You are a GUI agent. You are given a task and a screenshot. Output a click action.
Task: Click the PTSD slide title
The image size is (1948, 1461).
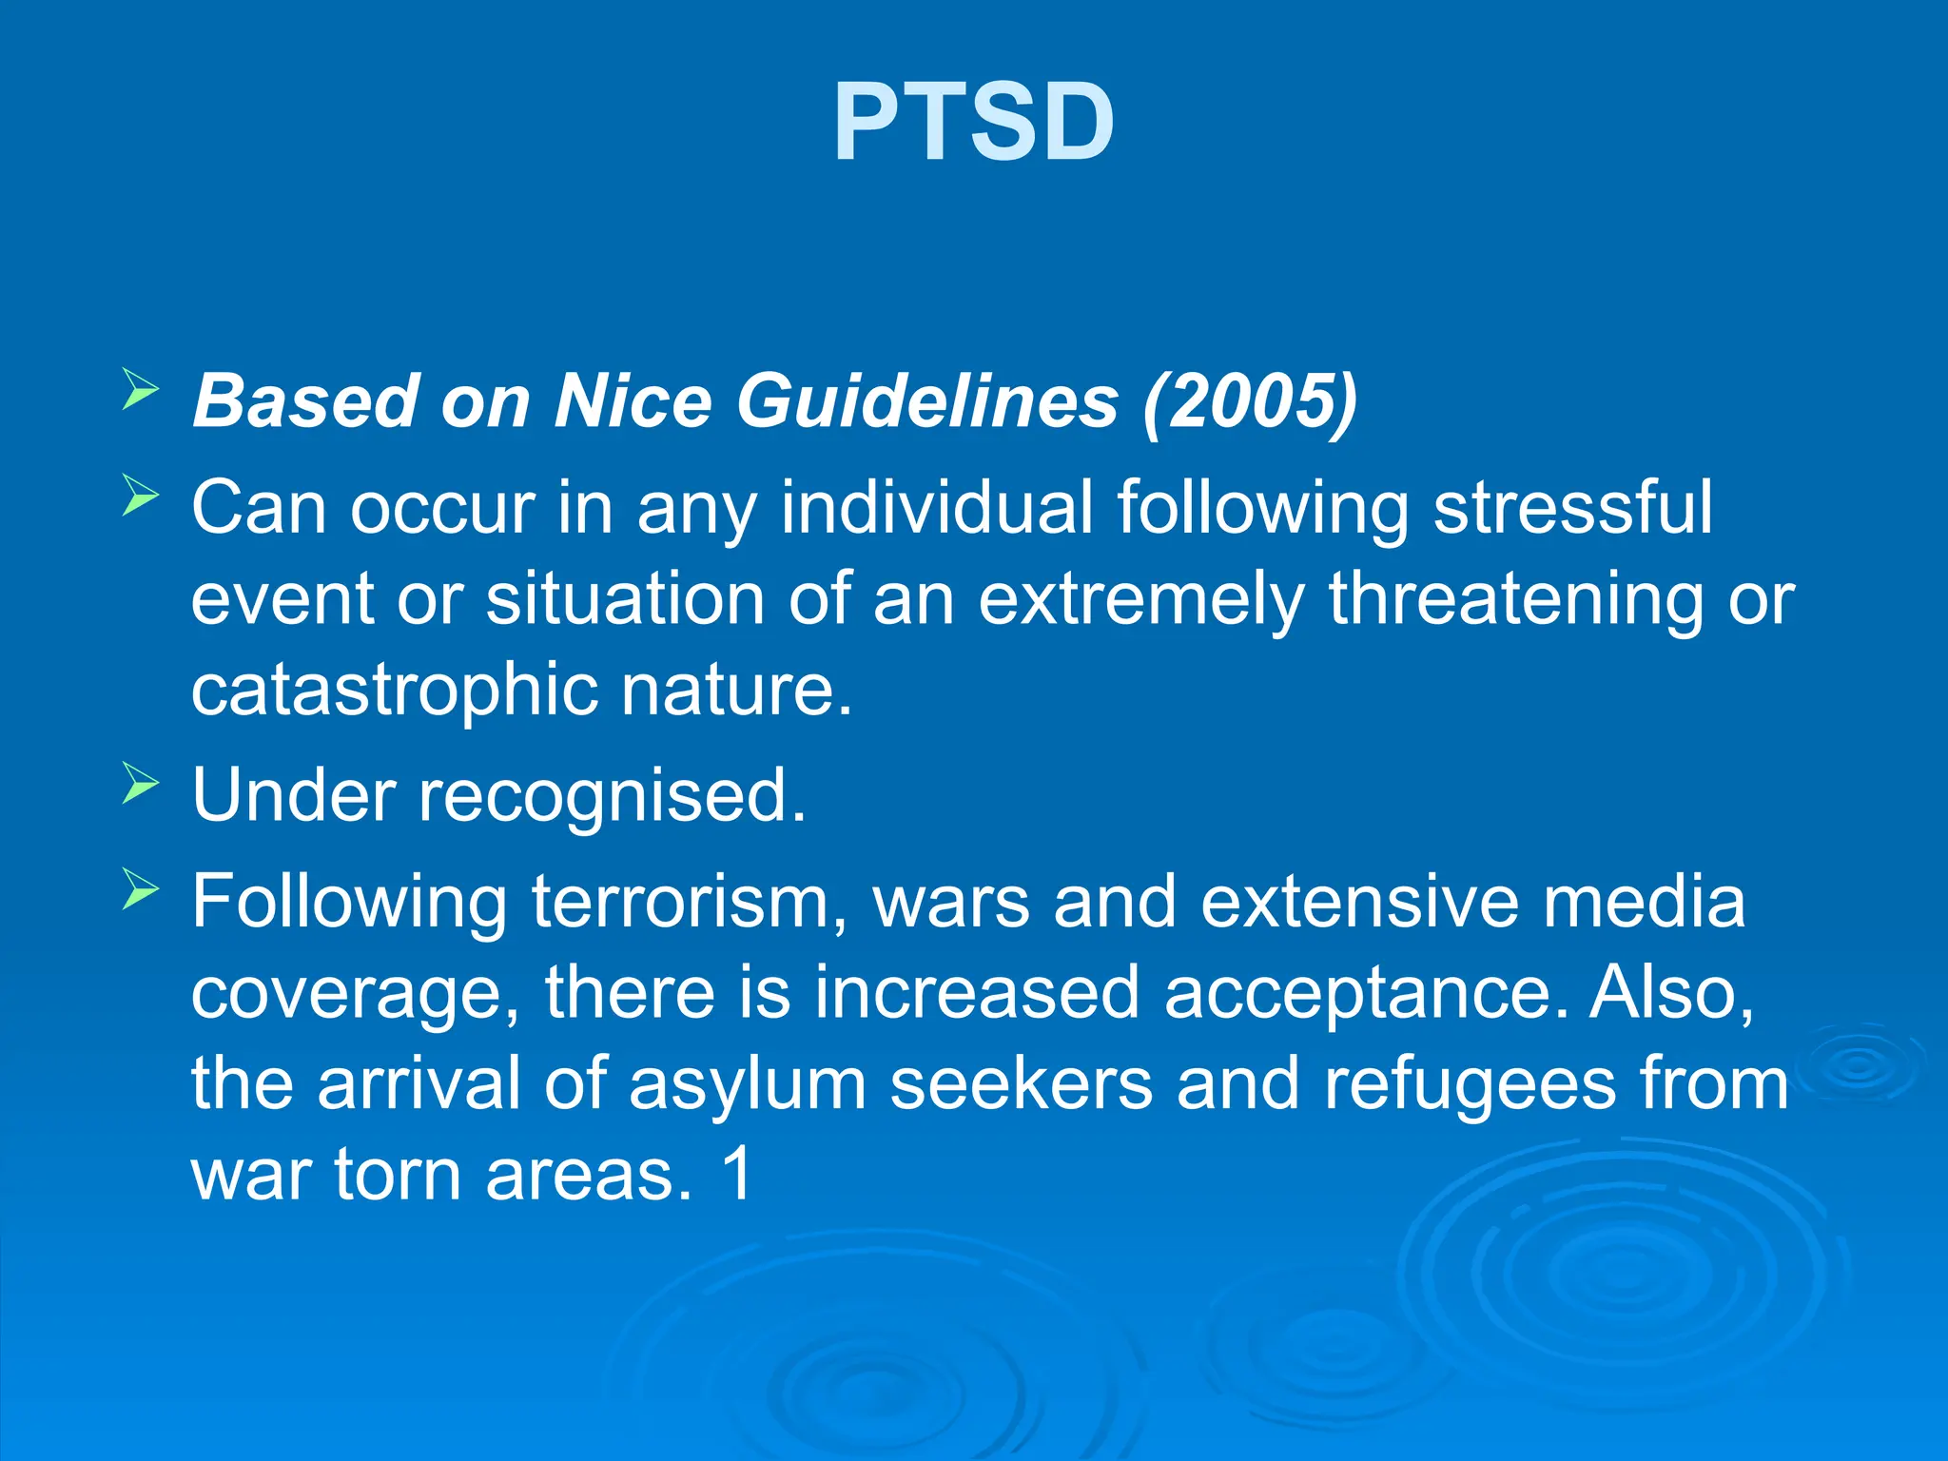tap(974, 123)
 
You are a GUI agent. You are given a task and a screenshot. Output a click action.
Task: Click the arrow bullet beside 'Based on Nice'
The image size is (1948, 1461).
tap(141, 391)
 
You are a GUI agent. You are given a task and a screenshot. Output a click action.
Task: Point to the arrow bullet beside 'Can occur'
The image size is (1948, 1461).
tap(141, 496)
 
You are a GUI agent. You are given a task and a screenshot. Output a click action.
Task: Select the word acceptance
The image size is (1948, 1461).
tap(1366, 993)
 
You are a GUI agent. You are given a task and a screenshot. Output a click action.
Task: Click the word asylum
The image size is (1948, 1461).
tap(747, 1084)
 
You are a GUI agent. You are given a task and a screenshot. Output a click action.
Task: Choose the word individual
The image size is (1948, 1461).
tap(937, 508)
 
